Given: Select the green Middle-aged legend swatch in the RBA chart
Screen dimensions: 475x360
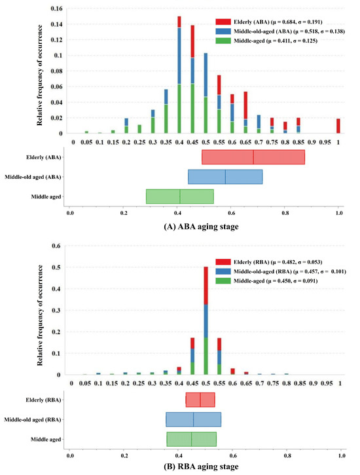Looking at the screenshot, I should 221,280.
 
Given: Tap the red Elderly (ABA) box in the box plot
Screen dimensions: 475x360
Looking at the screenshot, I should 253,157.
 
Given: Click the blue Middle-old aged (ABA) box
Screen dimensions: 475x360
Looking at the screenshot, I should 225,177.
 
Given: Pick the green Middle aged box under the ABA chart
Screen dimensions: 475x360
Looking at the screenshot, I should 179,197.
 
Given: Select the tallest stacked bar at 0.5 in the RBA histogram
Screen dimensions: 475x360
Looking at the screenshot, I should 206,320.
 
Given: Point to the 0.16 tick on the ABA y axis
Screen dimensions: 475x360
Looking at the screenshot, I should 57,9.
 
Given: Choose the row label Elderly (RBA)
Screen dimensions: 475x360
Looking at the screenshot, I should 41,400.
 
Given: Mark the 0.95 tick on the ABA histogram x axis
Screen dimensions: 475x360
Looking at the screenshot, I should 325,142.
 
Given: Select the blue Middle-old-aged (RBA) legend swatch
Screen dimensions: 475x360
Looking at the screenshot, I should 221,271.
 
